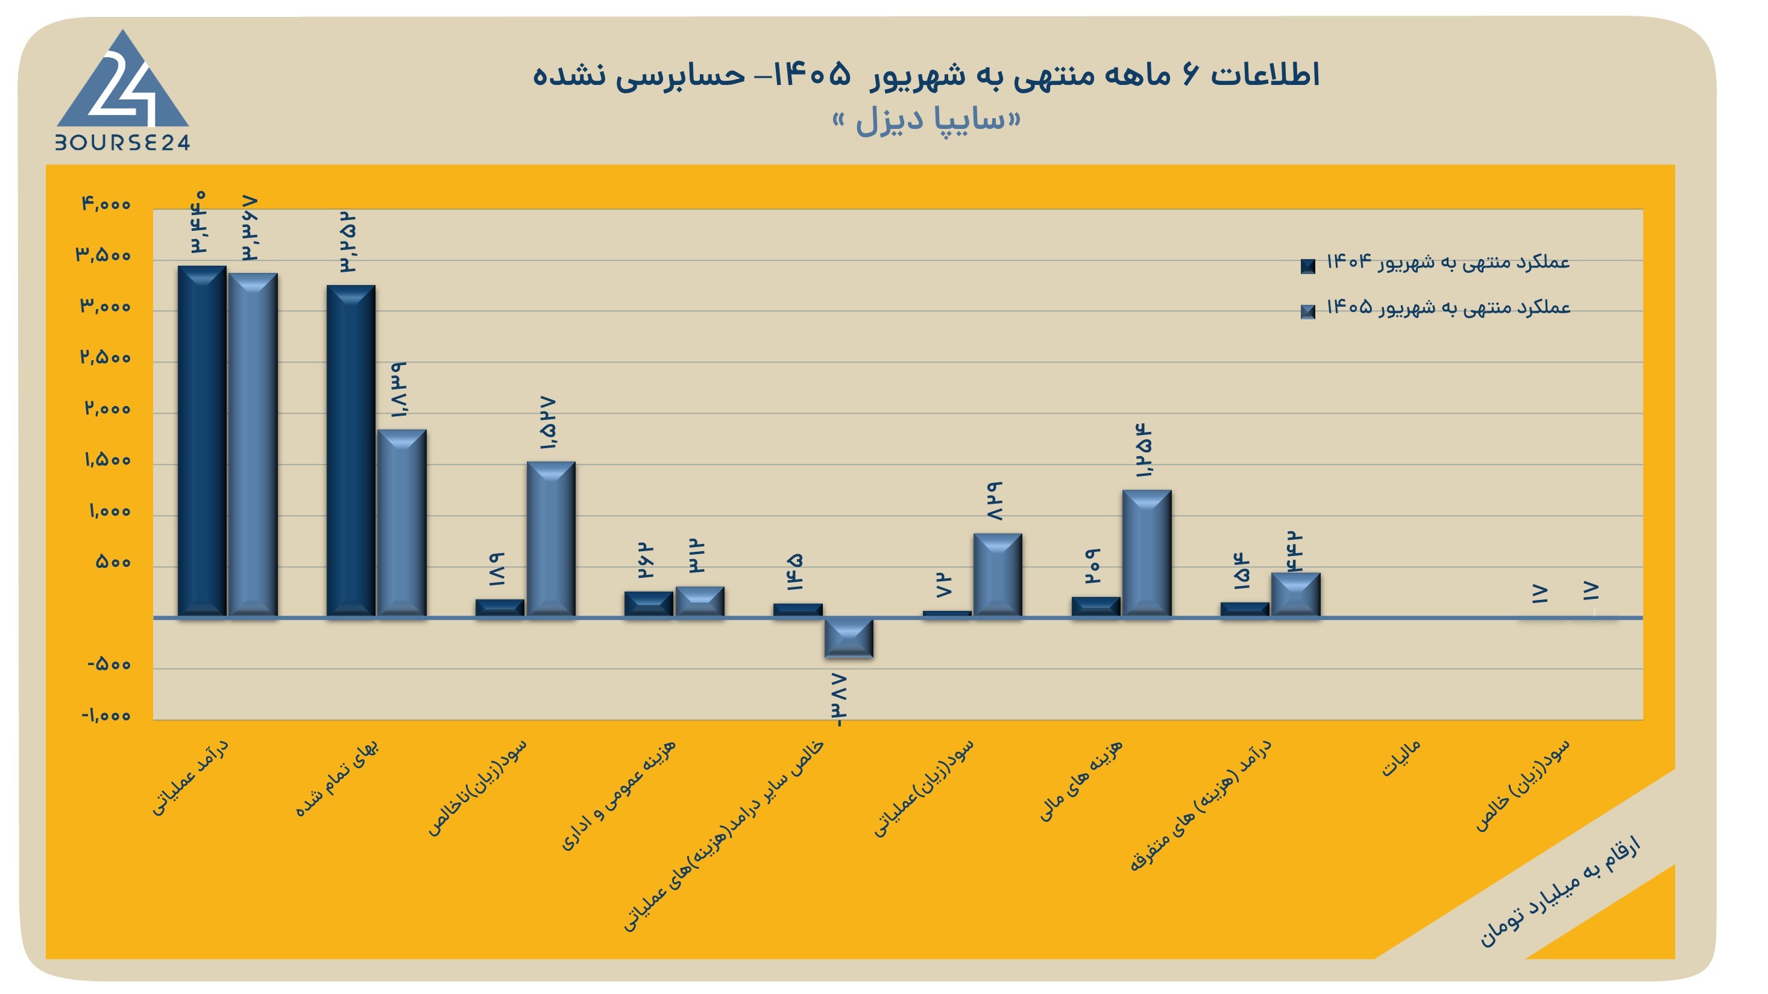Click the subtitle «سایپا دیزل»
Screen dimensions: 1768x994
pos(926,120)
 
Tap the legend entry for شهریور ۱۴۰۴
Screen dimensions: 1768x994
pos(1435,263)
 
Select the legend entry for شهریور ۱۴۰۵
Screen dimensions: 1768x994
pos(1435,308)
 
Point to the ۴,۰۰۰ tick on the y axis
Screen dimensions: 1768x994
pos(105,204)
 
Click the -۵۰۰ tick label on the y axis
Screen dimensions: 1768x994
pos(109,664)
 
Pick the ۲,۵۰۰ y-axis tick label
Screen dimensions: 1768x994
pos(105,357)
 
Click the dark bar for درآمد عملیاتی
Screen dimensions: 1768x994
pos(202,441)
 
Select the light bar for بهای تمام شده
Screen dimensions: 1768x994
pos(401,524)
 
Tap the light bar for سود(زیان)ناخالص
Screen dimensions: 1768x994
pos(551,539)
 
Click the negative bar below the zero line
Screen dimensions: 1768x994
pos(849,638)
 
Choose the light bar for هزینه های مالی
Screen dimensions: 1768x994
pos(1147,554)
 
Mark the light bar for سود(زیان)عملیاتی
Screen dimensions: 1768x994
pos(998,575)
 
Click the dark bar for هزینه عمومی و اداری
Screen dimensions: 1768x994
pos(649,604)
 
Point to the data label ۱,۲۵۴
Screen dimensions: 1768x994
pos(1144,451)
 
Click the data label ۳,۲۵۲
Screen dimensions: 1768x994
pos(348,243)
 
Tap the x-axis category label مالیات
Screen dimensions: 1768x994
pos(1400,758)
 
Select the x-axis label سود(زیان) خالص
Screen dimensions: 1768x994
pos(1521,785)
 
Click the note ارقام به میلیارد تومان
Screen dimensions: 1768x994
pos(1559,892)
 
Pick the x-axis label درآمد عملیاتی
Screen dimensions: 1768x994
pos(190,777)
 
